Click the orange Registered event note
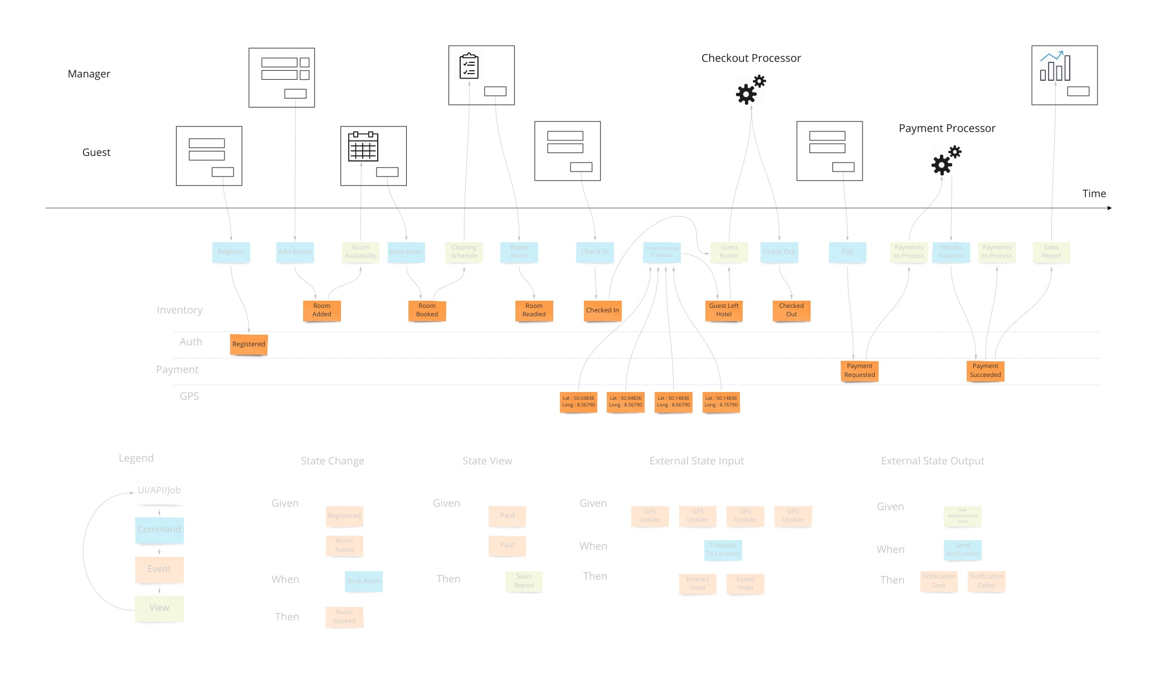click(x=248, y=344)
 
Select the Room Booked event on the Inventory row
click(x=427, y=310)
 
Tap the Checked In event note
click(x=602, y=310)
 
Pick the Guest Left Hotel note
click(x=724, y=310)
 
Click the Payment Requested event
click(x=859, y=370)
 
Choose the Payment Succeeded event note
click(x=985, y=370)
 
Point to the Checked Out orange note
click(x=791, y=310)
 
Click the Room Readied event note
click(x=534, y=310)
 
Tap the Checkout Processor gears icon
click(x=750, y=90)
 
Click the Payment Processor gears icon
click(x=946, y=160)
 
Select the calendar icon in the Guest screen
click(x=363, y=146)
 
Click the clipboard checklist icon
click(x=469, y=66)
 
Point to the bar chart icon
click(x=1055, y=66)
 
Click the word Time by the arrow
click(x=1094, y=194)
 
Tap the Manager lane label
click(x=89, y=74)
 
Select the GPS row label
click(x=189, y=396)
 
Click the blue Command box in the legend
click(x=159, y=530)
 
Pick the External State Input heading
click(x=696, y=461)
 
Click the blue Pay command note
click(x=847, y=252)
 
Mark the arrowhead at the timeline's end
click(x=1109, y=208)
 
